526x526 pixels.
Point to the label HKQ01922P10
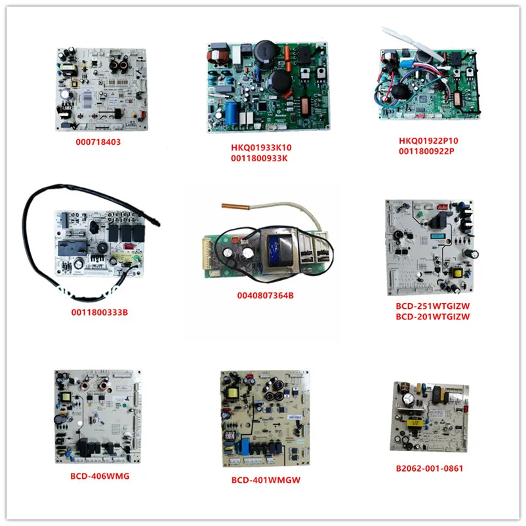point(428,140)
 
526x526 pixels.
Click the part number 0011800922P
point(428,152)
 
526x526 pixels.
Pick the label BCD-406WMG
point(98,475)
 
